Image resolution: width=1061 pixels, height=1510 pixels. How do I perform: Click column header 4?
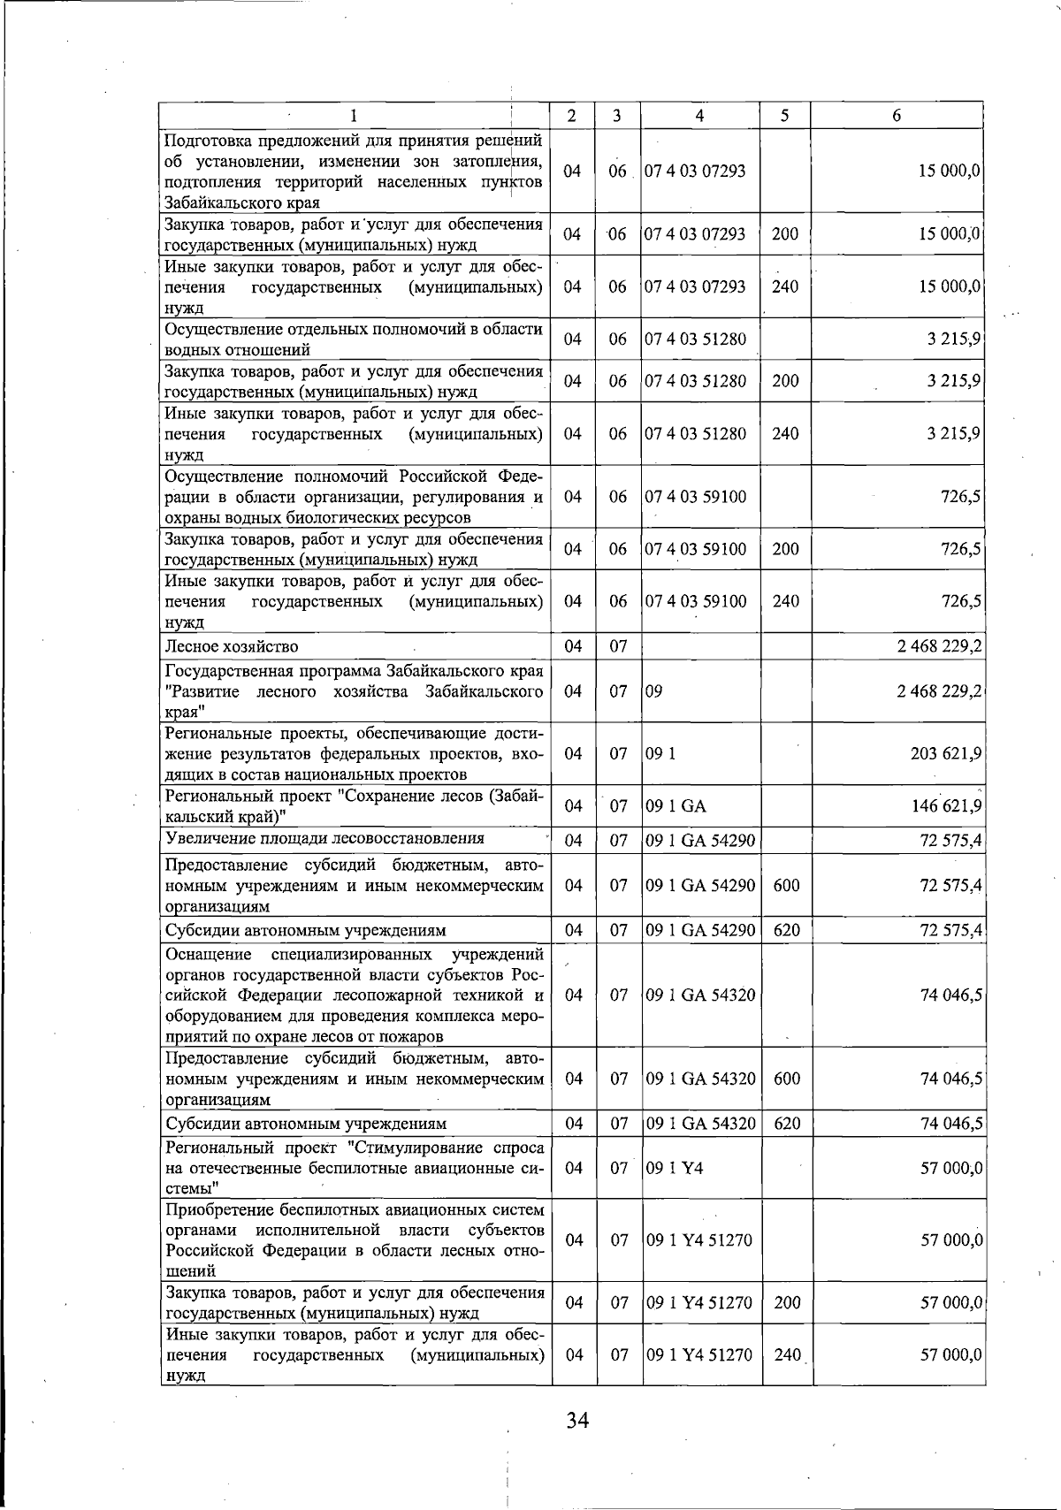pos(699,116)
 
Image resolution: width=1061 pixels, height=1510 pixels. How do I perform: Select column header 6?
pos(897,116)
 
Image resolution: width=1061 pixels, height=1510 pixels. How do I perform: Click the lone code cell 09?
pos(653,690)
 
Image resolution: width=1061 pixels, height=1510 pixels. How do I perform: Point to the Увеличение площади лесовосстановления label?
pos(324,838)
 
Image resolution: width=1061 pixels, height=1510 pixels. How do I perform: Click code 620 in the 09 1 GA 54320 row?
pos(786,1124)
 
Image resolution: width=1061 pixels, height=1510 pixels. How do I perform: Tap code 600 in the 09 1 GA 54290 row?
pos(786,885)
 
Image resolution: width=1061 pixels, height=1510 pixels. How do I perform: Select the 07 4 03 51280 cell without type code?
pos(695,339)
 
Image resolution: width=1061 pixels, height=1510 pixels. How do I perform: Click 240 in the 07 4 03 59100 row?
pos(785,601)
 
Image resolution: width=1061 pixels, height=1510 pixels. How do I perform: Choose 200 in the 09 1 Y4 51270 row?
pos(785,1302)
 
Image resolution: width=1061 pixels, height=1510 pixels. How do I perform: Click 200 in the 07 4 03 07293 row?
pos(785,234)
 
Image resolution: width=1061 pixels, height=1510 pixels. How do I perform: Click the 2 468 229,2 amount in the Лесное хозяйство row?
pos(939,646)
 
